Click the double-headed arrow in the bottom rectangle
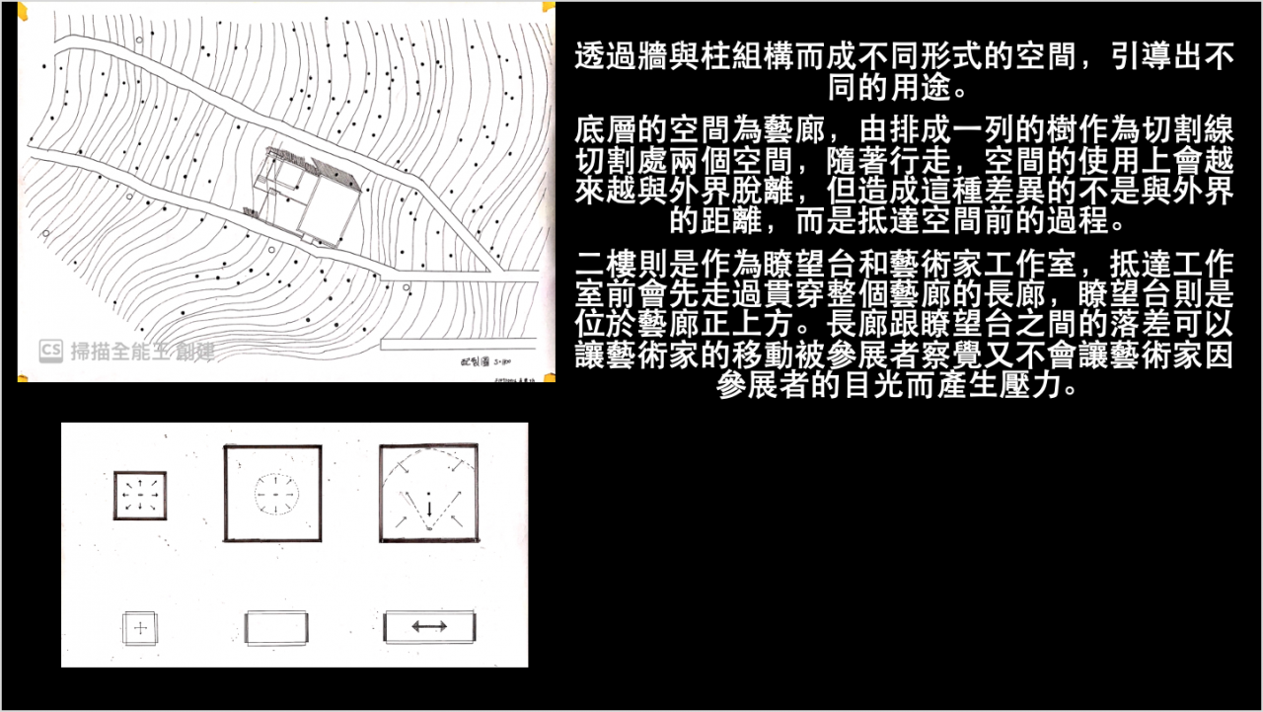[x=429, y=626]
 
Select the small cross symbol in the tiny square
[x=141, y=627]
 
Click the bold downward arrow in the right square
[x=429, y=510]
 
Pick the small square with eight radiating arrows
[x=140, y=495]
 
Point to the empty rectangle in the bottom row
[x=277, y=628]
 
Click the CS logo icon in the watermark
[x=51, y=350]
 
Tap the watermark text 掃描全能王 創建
[x=142, y=351]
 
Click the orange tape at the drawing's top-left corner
[x=24, y=10]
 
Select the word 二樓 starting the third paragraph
[x=602, y=266]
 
